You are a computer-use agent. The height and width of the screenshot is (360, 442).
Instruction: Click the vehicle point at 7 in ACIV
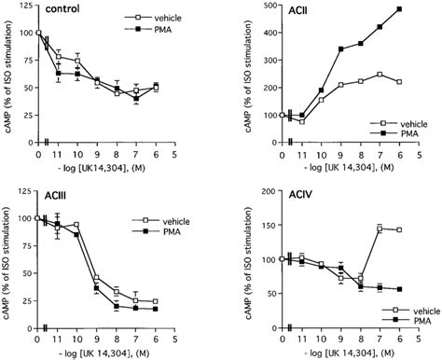(380, 228)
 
